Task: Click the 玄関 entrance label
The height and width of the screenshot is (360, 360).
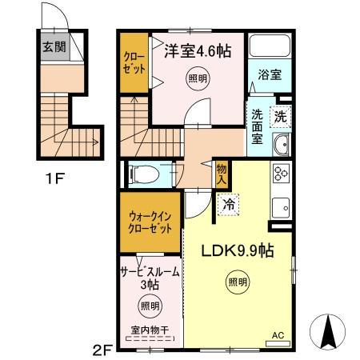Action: tap(54, 46)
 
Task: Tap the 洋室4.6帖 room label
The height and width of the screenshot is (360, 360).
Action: tap(198, 51)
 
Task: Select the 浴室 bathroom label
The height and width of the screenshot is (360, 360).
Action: tap(268, 74)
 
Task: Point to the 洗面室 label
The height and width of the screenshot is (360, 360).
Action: tap(258, 126)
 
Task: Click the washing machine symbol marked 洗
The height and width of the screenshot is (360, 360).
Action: tap(281, 116)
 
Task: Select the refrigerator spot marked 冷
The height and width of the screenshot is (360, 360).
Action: tap(229, 205)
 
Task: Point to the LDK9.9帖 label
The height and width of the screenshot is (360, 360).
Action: tap(237, 250)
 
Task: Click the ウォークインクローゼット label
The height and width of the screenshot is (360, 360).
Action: tap(150, 222)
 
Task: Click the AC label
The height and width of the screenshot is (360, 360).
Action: tap(278, 336)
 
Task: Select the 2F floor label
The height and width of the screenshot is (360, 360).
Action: tap(102, 349)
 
